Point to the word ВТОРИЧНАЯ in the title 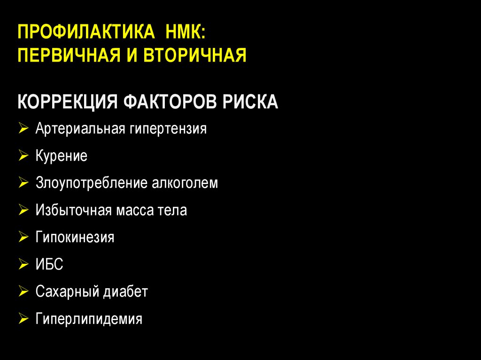point(195,56)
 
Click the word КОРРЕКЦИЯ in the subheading point(67,101)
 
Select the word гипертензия point(166,129)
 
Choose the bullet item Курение point(61,156)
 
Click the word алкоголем point(185,183)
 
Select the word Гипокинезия point(75,237)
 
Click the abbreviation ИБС point(49,265)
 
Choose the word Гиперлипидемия point(89,320)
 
